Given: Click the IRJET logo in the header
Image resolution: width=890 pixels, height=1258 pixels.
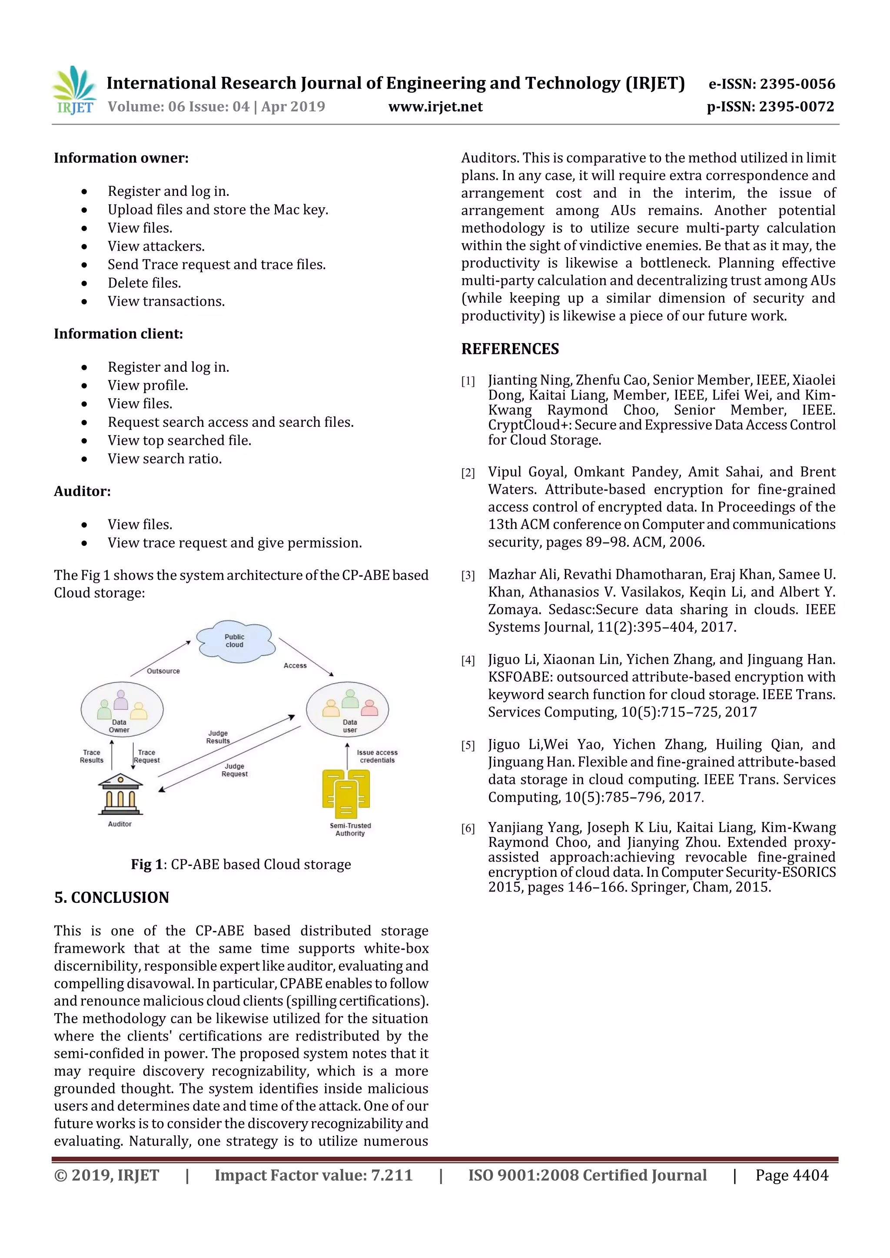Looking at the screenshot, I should pyautogui.click(x=74, y=90).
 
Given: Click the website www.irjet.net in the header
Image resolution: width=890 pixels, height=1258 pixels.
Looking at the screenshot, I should pyautogui.click(x=435, y=107).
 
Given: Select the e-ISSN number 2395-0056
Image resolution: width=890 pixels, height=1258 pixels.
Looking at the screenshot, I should pyautogui.click(x=797, y=84).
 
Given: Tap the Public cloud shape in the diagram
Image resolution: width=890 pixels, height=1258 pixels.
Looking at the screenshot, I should pyautogui.click(x=235, y=641).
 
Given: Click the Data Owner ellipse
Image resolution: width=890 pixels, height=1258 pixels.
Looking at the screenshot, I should pyautogui.click(x=122, y=710).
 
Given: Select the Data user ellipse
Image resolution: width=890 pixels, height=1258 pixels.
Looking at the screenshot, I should pyautogui.click(x=348, y=710).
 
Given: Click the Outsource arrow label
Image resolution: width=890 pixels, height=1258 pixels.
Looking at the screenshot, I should pyautogui.click(x=163, y=671).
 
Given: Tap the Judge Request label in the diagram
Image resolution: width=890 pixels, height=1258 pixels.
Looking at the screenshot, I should pyautogui.click(x=235, y=770).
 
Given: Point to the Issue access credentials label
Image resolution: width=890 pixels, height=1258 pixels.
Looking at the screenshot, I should pyautogui.click(x=377, y=756).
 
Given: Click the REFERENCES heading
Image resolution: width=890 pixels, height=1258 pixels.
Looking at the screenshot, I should pyautogui.click(x=510, y=349).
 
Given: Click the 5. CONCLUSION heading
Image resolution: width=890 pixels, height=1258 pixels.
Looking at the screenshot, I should pyautogui.click(x=112, y=898).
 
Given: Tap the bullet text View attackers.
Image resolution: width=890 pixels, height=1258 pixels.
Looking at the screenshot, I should pyautogui.click(x=156, y=247).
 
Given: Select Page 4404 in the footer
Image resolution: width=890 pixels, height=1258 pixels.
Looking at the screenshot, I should pyautogui.click(x=791, y=1175).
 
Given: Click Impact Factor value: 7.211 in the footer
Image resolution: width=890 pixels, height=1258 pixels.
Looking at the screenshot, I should pyautogui.click(x=313, y=1175).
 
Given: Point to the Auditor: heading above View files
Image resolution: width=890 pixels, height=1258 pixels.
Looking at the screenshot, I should pyautogui.click(x=82, y=492).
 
